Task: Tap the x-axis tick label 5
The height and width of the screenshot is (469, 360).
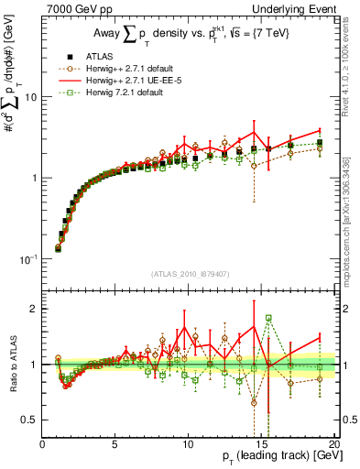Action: (x=115, y=442)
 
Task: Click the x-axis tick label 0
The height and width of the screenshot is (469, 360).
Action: (x=43, y=442)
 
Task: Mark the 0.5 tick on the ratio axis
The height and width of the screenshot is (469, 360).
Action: (x=30, y=420)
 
